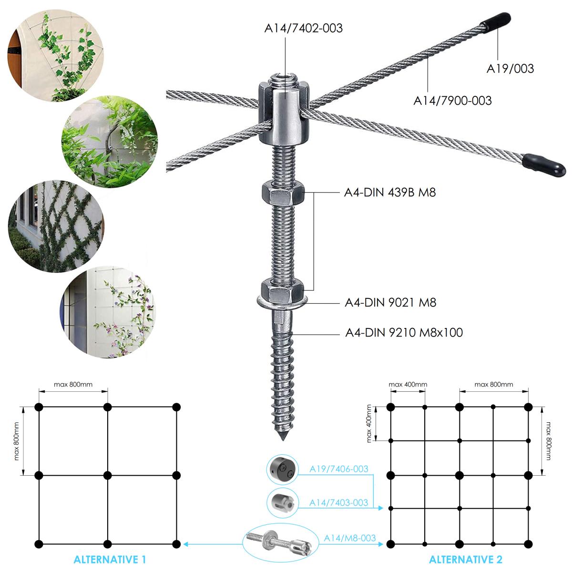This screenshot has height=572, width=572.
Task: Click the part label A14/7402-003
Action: (x=304, y=28)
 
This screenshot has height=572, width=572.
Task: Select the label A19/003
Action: (x=510, y=69)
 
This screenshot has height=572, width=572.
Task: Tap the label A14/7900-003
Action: (x=452, y=101)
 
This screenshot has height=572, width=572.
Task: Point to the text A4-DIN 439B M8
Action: (x=390, y=193)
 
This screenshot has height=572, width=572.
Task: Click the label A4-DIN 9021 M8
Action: (x=390, y=302)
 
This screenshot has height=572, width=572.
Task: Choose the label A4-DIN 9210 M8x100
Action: (x=404, y=332)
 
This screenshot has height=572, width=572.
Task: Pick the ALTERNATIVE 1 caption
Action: (x=110, y=559)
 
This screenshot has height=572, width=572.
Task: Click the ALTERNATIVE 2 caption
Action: (x=466, y=559)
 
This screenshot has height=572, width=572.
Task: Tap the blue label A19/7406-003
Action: (x=338, y=469)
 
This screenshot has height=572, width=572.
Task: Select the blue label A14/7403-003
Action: (x=338, y=502)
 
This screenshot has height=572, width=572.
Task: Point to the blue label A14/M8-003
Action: (x=350, y=538)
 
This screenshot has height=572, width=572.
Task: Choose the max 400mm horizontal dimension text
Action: (x=408, y=384)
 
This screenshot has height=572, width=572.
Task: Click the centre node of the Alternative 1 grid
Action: (x=108, y=475)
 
